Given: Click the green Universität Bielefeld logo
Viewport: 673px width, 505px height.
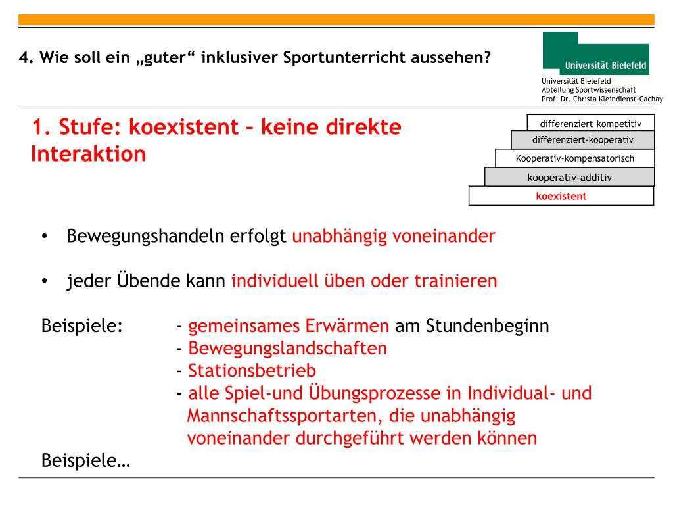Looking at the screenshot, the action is [595, 53].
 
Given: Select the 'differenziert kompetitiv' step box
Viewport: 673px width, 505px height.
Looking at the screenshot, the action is [591, 123].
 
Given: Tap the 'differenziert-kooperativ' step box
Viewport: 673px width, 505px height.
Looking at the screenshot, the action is [582, 140].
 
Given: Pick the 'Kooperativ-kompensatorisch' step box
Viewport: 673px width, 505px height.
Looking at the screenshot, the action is [574, 158].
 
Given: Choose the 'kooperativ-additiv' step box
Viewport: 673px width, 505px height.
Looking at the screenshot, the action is [570, 178].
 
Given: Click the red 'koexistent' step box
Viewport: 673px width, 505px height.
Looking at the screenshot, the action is [561, 196].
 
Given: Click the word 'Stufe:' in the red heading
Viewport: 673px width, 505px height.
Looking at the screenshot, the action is [90, 127].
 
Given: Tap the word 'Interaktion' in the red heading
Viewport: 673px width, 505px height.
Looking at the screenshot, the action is [89, 154].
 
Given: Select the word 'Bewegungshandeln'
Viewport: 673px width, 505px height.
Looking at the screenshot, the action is [145, 237].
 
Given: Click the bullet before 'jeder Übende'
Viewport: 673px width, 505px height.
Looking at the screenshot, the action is [44, 281].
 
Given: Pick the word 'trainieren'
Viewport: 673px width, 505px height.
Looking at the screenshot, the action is [455, 281].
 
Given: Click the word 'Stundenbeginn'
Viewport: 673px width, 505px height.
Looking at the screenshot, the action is [488, 326].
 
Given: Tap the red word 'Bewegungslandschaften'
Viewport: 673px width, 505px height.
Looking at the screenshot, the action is [288, 349].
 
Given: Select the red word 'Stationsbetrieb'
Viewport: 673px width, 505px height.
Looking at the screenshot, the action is [252, 371].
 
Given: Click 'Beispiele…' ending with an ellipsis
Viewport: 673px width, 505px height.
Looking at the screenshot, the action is [86, 461].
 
